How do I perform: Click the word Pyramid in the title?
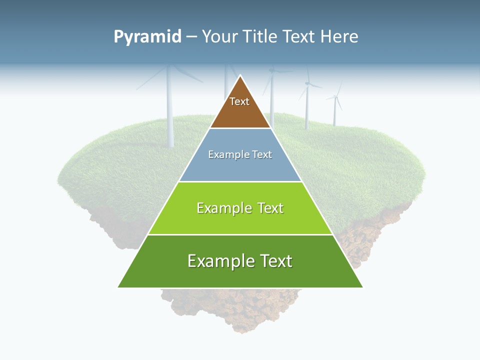[147, 36]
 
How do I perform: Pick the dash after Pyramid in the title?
[191, 36]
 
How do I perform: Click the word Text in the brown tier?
[239, 101]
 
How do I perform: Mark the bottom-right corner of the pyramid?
[362, 287]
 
